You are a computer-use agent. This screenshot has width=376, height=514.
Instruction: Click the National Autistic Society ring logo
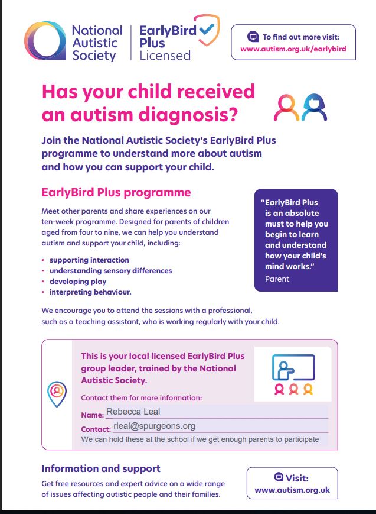pos(44,41)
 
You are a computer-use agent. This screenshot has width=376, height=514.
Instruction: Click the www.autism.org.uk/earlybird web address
pos(293,49)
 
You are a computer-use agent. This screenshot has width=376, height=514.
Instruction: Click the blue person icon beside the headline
pos(313,107)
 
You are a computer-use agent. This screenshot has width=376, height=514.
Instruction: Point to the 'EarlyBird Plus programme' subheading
pos(116,192)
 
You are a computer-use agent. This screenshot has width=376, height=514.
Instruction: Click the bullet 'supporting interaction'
pos(89,260)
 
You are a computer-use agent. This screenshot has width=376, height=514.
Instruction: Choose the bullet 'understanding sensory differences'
pos(110,271)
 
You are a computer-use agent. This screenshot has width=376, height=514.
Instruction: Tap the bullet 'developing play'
pos(77,282)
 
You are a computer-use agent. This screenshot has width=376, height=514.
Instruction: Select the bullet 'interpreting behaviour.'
pos(90,292)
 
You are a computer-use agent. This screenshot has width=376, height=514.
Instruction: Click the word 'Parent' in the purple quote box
pos(277,279)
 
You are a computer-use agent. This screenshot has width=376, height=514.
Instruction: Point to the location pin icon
pos(56,392)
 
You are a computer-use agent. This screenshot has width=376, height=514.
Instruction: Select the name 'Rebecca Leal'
pos(133,412)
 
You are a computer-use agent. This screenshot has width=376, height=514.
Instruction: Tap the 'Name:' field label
pos(92,415)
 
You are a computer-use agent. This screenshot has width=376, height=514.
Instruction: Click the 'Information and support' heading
pos(101,468)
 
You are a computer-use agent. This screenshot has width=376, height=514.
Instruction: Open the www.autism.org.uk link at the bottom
pos(292,490)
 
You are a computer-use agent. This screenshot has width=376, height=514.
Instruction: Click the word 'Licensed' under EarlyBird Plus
pos(165,56)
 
